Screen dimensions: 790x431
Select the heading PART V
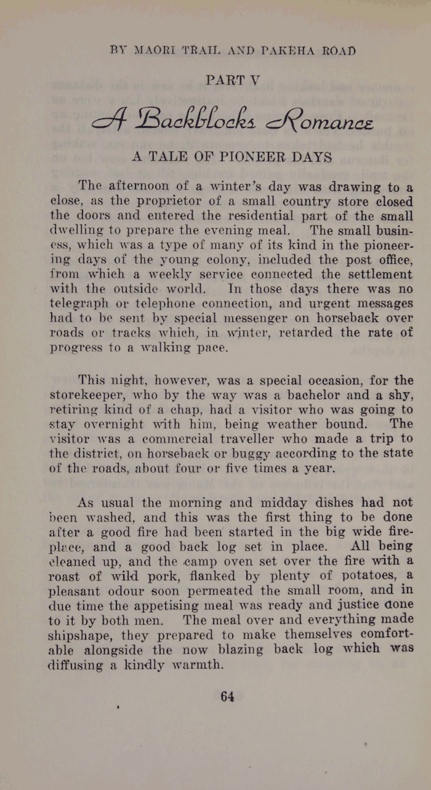click(x=231, y=80)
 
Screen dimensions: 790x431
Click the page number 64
click(x=227, y=696)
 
